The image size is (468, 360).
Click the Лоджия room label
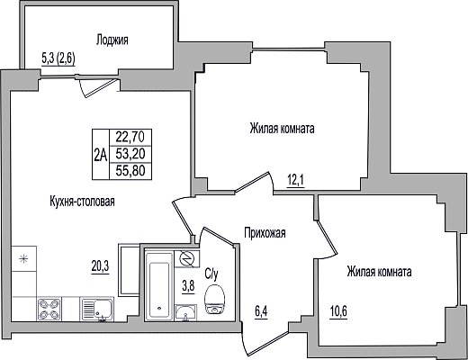click(112, 40)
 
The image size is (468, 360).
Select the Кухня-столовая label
click(82, 202)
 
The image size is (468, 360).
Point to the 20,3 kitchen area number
click(100, 265)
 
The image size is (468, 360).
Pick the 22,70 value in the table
click(130, 138)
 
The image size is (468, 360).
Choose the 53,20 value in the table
click(130, 154)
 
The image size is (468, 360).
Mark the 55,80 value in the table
click(130, 171)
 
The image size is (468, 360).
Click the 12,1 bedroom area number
click(296, 180)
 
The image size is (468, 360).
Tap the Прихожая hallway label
click(265, 233)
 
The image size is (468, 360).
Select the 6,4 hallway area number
click(261, 312)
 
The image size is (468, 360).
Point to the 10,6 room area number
click(338, 312)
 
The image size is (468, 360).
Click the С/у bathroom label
click(211, 274)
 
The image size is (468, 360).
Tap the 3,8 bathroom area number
click(188, 286)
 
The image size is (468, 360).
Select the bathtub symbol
click(159, 286)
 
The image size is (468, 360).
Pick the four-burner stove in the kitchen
click(49, 310)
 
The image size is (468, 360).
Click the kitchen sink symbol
click(97, 310)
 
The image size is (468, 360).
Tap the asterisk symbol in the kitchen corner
click(23, 258)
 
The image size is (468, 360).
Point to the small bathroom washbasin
click(185, 313)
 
